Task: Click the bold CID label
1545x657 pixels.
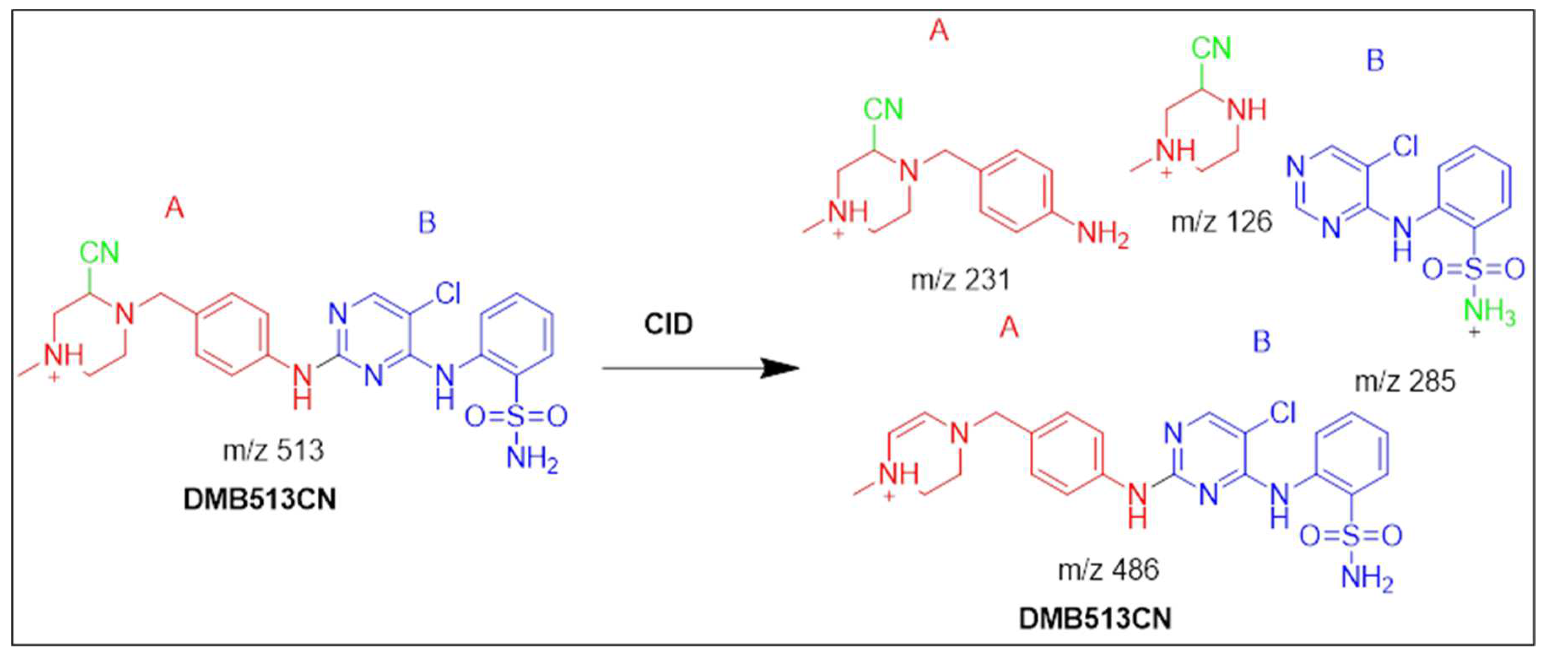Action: [x=668, y=324]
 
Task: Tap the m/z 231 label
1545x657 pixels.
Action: [x=960, y=280]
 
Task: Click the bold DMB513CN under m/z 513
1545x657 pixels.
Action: [x=260, y=500]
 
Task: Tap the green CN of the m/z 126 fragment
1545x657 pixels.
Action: [x=1211, y=49]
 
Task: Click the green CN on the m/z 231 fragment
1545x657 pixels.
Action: [x=883, y=110]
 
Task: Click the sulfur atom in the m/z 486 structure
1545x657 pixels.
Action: [x=1351, y=536]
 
